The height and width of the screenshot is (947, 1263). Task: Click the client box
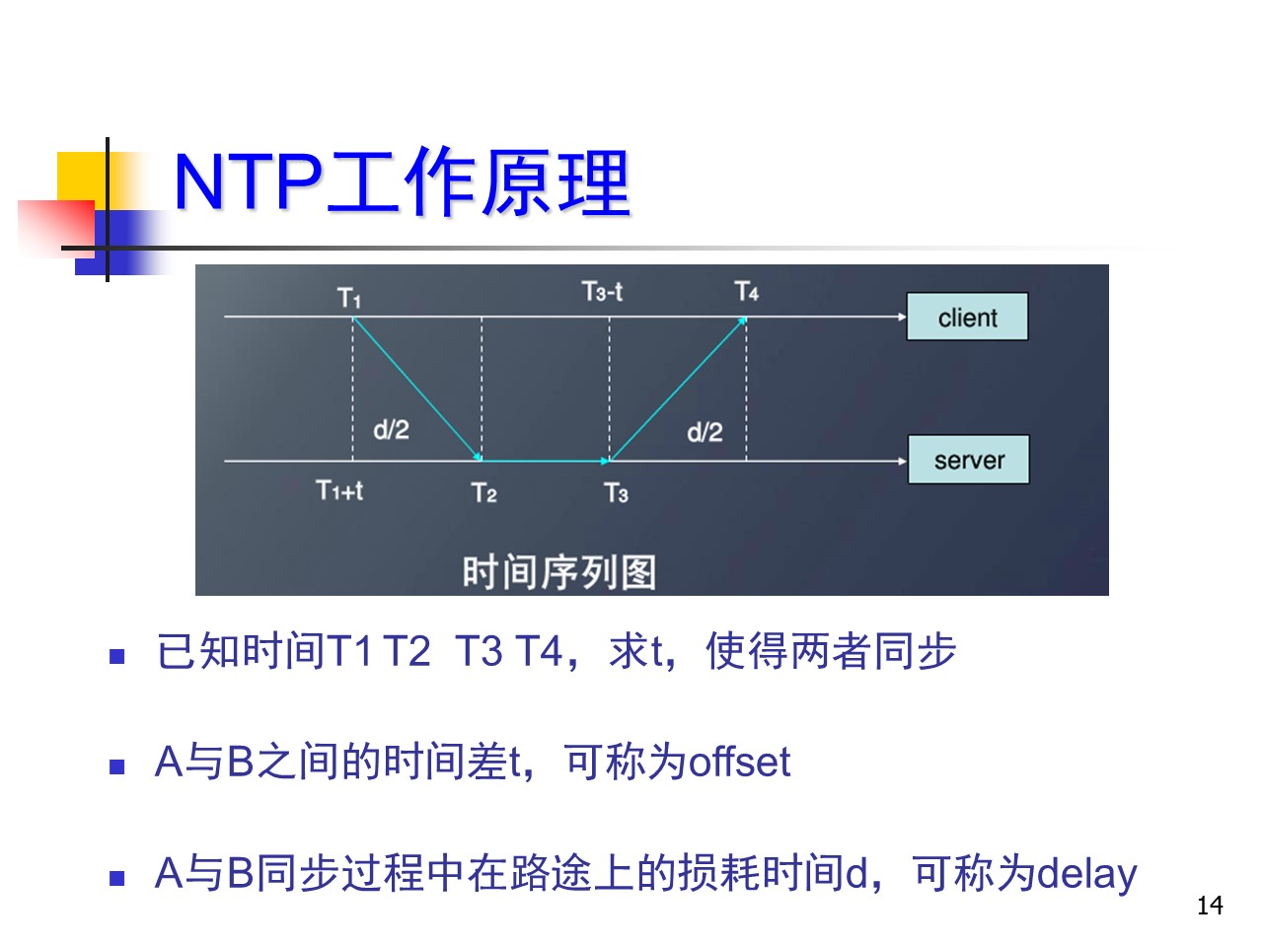point(967,317)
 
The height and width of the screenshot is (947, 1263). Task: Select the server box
point(968,460)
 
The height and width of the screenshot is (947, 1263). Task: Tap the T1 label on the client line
point(348,298)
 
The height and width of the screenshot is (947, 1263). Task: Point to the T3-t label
point(602,292)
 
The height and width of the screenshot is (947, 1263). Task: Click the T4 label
point(746,292)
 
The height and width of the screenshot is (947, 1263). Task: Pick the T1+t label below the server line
point(339,490)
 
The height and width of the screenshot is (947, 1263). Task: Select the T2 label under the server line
point(483,493)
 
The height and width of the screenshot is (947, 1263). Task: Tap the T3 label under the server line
point(616,493)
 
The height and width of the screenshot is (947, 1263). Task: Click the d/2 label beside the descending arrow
point(392,429)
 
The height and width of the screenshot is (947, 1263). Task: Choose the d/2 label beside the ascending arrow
point(705,432)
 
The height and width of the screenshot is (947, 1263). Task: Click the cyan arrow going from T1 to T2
point(417,389)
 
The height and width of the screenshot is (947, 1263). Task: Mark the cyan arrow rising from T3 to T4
point(678,389)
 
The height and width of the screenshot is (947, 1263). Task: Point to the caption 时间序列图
point(559,572)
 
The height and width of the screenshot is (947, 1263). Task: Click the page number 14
point(1210,906)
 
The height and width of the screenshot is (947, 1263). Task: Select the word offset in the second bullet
point(740,763)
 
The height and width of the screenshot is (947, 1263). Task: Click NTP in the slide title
point(248,182)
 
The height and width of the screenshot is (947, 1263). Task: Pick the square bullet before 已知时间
point(116,656)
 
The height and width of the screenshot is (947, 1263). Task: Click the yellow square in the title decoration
point(82,178)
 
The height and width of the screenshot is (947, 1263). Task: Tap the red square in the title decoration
point(56,228)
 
